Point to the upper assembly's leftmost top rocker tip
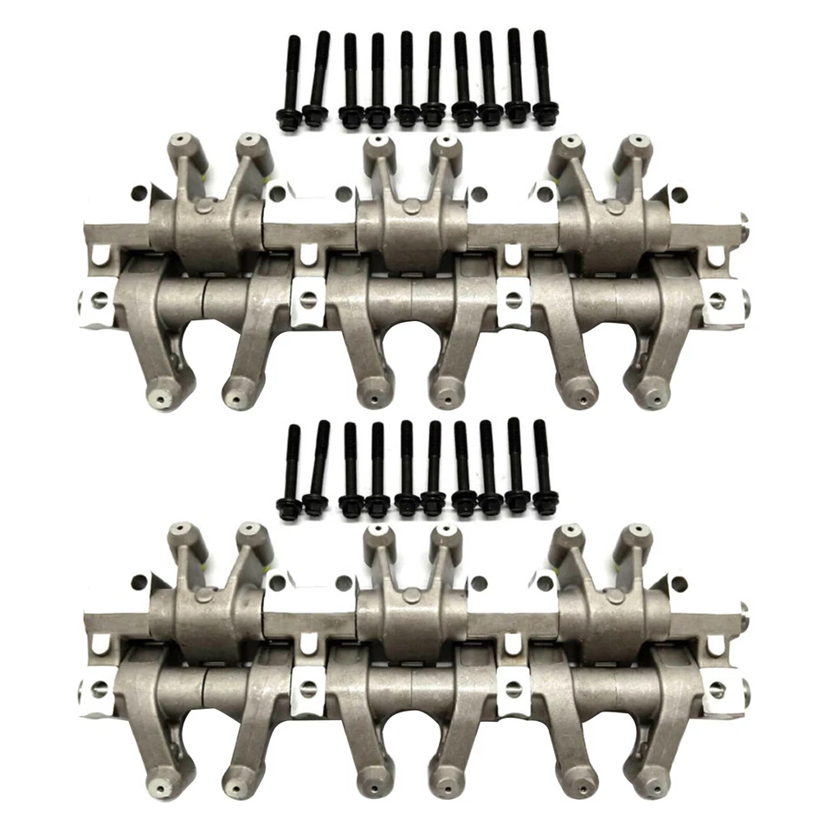[180, 140]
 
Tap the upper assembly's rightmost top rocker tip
[636, 141]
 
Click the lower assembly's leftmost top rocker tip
[180, 530]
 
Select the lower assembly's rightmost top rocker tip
[636, 531]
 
